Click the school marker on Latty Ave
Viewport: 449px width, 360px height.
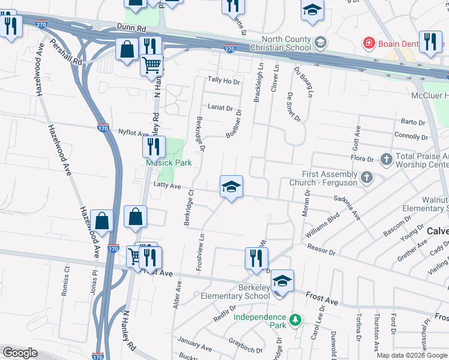231,187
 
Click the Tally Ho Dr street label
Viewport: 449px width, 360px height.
223,80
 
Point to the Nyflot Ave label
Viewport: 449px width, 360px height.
133,133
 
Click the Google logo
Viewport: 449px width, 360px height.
20,353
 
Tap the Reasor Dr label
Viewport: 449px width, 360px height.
321,248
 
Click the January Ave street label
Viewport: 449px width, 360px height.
195,347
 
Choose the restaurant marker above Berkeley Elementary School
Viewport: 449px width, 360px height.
256,257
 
